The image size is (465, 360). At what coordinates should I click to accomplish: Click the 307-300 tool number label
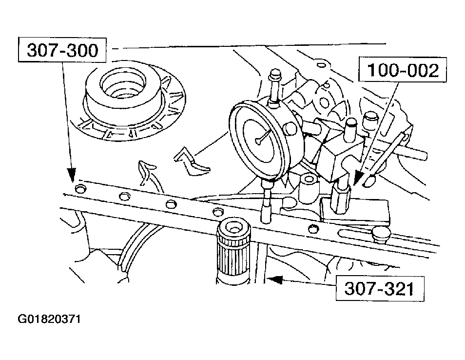click(62, 50)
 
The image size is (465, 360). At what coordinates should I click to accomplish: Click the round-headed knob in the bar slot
click(381, 233)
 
